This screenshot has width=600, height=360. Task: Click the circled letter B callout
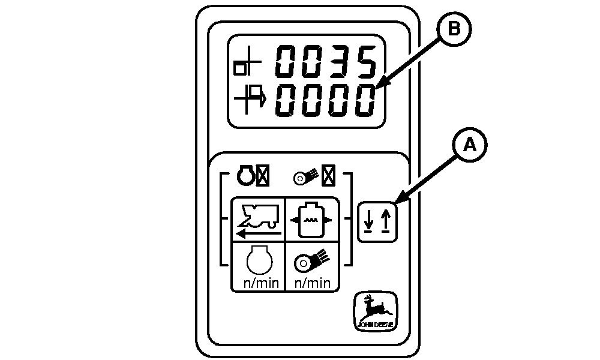(454, 31)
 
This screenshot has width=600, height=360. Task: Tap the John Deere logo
(374, 311)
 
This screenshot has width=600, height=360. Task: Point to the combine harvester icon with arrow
(257, 219)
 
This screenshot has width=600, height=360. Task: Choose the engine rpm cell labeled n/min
(257, 266)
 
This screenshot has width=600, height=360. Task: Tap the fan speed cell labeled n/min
(310, 266)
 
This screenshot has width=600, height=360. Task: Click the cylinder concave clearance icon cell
(310, 219)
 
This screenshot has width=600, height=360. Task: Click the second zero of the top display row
(312, 62)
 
